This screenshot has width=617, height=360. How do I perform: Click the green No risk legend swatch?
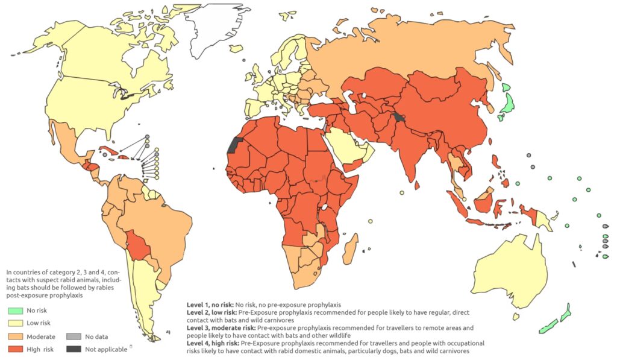click(16, 311)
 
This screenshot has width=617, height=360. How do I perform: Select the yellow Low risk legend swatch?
click(16, 324)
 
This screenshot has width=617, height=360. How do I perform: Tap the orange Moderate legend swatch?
click(16, 336)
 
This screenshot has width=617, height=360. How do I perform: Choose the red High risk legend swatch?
click(16, 349)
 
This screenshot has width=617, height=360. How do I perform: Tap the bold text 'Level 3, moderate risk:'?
click(221, 328)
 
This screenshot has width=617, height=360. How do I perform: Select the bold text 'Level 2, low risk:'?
click(212, 313)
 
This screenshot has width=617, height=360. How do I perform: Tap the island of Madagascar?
click(351, 248)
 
